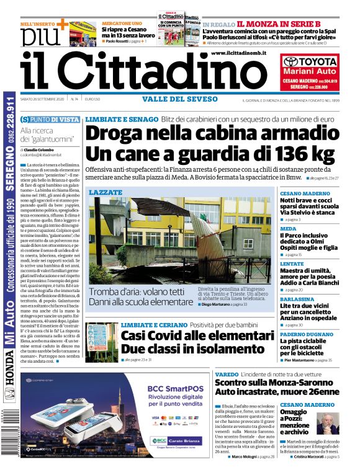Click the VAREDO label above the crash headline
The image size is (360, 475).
[x=227, y=375]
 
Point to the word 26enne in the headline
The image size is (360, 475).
[x=320, y=392]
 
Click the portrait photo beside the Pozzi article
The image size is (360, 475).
[x=327, y=422]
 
